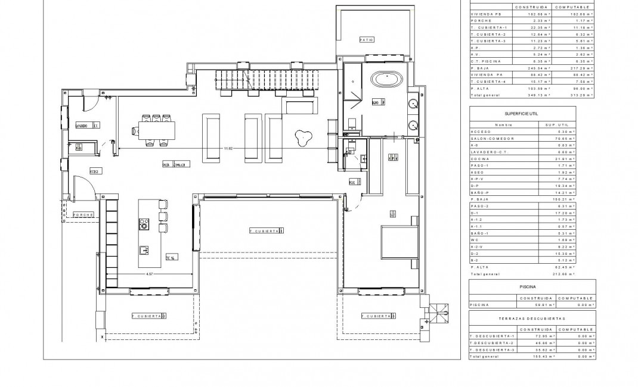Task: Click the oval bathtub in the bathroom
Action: point(388,78)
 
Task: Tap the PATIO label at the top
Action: point(366,40)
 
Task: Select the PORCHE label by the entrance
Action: point(83,214)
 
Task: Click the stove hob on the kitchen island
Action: point(144,224)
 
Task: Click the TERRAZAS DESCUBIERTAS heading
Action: point(531,319)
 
